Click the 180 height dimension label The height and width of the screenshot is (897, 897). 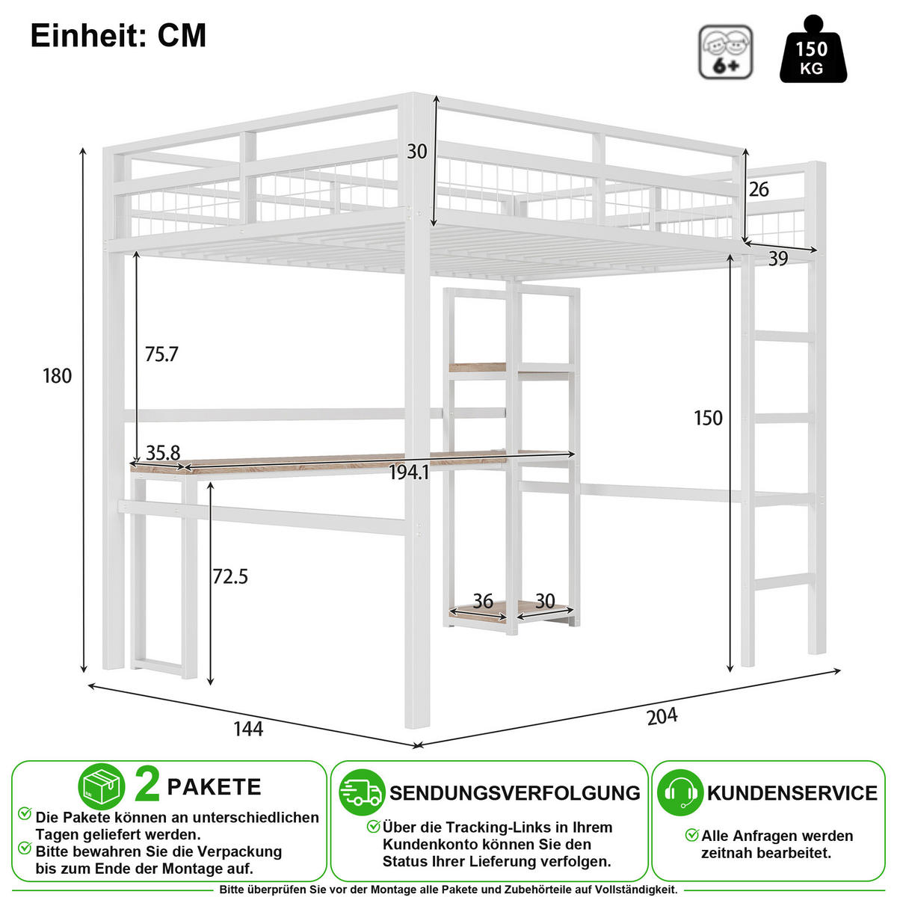pyautogui.click(x=58, y=376)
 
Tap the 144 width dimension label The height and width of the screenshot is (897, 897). pyautogui.click(x=248, y=729)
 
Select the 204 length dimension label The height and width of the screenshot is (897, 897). pyautogui.click(x=662, y=716)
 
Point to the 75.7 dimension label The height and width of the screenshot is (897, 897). pyautogui.click(x=161, y=354)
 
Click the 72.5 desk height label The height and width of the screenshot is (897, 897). pyautogui.click(x=230, y=576)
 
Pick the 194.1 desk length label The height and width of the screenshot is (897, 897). pyautogui.click(x=409, y=473)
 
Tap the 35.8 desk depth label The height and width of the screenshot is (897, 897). pyautogui.click(x=163, y=452)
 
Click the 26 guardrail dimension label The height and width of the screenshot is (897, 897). pyautogui.click(x=759, y=189)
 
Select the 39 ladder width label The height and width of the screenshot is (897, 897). pyautogui.click(x=778, y=259)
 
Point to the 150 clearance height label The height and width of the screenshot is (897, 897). pyautogui.click(x=708, y=418)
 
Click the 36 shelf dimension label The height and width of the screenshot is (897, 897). pyautogui.click(x=483, y=602)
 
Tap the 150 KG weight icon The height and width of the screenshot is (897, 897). pyautogui.click(x=813, y=49)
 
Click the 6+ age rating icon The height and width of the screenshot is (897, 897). pyautogui.click(x=725, y=52)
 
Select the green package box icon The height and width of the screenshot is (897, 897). pyautogui.click(x=102, y=786)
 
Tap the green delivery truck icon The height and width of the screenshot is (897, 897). pyautogui.click(x=362, y=792)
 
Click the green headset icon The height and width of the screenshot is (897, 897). pyautogui.click(x=680, y=792)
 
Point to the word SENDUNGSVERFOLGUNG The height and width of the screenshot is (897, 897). pyautogui.click(x=515, y=793)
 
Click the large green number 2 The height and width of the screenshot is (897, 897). pyautogui.click(x=147, y=786)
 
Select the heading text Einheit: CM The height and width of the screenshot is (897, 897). pyautogui.click(x=118, y=35)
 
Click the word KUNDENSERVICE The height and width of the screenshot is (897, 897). pyautogui.click(x=792, y=793)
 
